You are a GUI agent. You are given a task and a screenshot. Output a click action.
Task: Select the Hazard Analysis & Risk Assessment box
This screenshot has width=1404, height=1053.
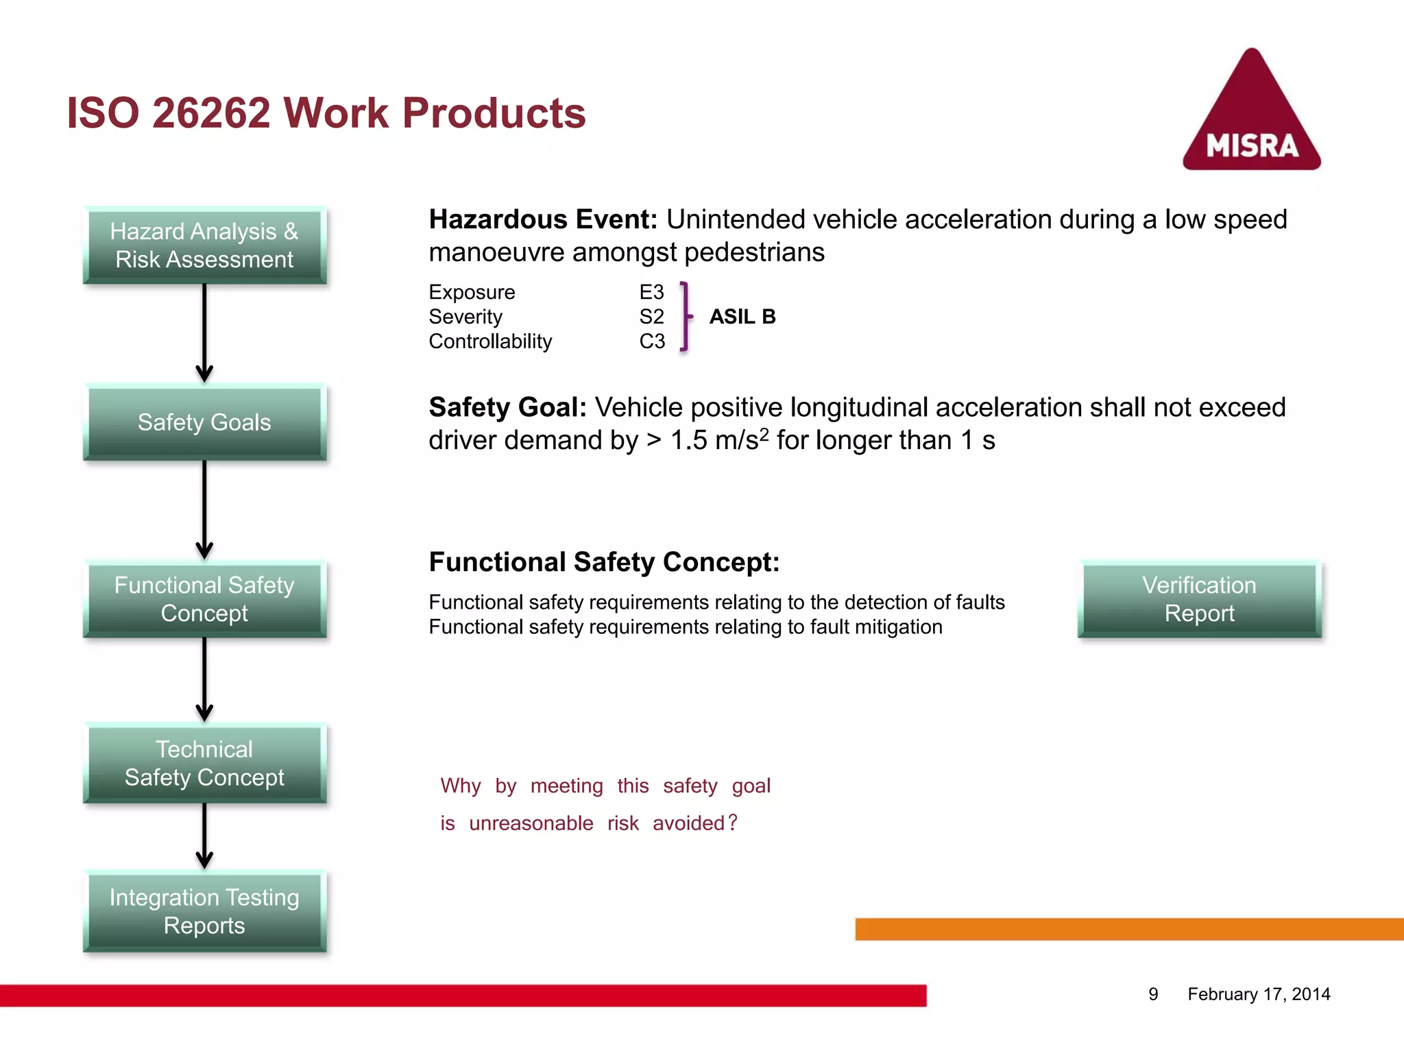(x=204, y=245)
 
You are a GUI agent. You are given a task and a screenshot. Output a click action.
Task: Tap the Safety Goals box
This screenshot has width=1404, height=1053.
(x=204, y=422)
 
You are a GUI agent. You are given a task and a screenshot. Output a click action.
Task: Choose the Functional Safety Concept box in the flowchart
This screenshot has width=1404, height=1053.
(x=204, y=599)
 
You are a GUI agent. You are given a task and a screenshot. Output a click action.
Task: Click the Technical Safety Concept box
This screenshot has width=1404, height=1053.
(x=204, y=763)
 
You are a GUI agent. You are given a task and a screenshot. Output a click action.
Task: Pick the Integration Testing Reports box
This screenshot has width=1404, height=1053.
(x=204, y=911)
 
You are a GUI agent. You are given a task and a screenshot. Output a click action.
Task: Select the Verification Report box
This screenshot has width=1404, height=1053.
(x=1199, y=599)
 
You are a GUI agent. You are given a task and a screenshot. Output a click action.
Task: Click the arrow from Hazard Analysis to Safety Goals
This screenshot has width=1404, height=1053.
(x=204, y=332)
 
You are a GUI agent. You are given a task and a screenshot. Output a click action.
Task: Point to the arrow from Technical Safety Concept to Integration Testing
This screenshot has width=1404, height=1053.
(x=204, y=835)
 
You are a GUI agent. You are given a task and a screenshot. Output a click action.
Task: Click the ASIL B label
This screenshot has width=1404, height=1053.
(x=742, y=317)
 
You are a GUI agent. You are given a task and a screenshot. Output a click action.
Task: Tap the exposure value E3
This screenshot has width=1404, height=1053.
(x=651, y=293)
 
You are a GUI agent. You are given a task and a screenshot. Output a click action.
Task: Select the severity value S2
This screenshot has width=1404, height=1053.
(x=651, y=317)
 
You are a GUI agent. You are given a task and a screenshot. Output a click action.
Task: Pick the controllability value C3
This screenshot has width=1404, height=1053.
(x=652, y=341)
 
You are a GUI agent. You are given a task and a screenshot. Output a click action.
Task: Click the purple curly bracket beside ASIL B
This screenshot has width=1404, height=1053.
(x=685, y=317)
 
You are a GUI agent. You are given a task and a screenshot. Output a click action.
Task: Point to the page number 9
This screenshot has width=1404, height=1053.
(x=1153, y=994)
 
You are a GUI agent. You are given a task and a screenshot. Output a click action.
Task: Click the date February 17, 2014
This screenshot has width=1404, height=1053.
(x=1259, y=994)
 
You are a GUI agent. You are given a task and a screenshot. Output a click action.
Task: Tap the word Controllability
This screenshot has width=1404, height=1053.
(x=490, y=341)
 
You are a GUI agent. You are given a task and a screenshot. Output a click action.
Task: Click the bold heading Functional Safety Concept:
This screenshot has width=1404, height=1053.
(x=604, y=562)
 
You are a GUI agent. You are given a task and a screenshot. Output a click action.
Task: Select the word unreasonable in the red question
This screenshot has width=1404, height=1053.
(x=531, y=823)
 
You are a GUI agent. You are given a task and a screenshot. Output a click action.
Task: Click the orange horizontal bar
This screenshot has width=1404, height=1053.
(x=1129, y=929)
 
